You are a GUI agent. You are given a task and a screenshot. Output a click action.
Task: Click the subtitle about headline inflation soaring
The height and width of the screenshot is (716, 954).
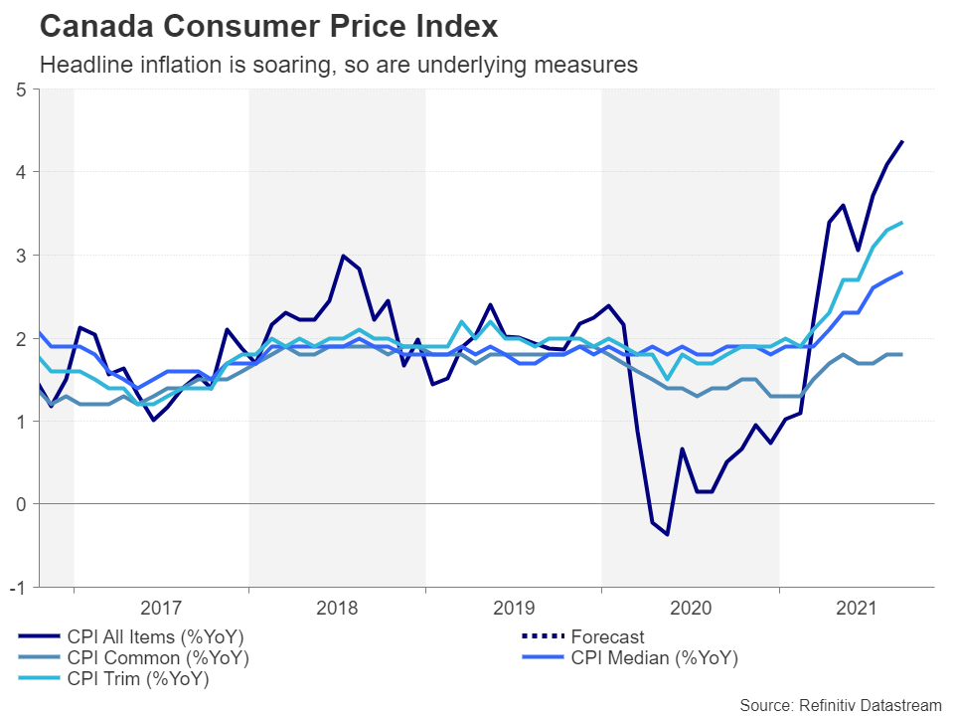[x=338, y=66]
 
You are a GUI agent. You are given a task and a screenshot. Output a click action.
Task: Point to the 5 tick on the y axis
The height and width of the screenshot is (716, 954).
[x=21, y=89]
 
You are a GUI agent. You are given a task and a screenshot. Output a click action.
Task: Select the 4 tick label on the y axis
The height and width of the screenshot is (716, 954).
[x=21, y=172]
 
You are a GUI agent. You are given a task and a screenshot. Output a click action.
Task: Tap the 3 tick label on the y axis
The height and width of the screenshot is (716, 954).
[x=21, y=256]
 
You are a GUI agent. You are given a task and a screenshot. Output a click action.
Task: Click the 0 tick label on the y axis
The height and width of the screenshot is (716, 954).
[x=21, y=504]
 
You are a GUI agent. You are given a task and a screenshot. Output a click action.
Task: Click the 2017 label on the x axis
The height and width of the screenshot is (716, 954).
[x=161, y=607]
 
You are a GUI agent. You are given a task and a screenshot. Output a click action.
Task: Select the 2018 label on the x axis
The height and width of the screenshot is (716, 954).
[x=338, y=607]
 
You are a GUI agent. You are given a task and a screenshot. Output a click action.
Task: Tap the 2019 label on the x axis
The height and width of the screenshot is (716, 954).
[x=514, y=607]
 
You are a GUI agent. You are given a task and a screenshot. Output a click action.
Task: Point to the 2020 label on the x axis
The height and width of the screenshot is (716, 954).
[x=690, y=607]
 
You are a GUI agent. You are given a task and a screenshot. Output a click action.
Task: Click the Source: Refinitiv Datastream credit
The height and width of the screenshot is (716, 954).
[x=841, y=704]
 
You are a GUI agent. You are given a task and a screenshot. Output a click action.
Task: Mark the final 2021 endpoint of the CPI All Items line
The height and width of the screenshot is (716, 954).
[x=902, y=141]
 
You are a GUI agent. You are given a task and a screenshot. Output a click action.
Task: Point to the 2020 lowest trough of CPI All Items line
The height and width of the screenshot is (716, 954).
[x=667, y=535]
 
